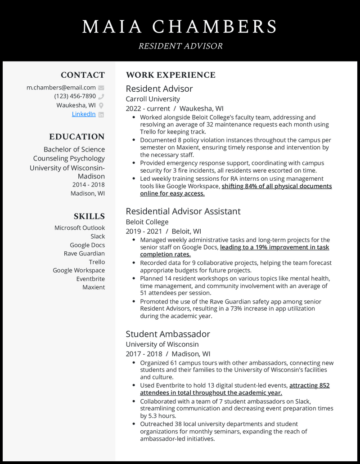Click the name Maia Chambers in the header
180,27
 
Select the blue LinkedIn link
84,114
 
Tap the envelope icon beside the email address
101,88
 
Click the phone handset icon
101,96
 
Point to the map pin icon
101,105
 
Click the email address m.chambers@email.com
61,88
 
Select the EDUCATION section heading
77,137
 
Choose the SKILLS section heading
89,216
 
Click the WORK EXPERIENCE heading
171,75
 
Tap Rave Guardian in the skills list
84,254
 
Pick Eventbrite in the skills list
90,279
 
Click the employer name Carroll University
153,99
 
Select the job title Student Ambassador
168,334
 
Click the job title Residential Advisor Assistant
183,211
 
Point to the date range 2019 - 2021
144,231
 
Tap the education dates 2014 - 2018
88,185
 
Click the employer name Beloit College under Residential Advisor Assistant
147,222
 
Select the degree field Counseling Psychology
69,158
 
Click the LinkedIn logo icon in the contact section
101,114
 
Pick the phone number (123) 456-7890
75,96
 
